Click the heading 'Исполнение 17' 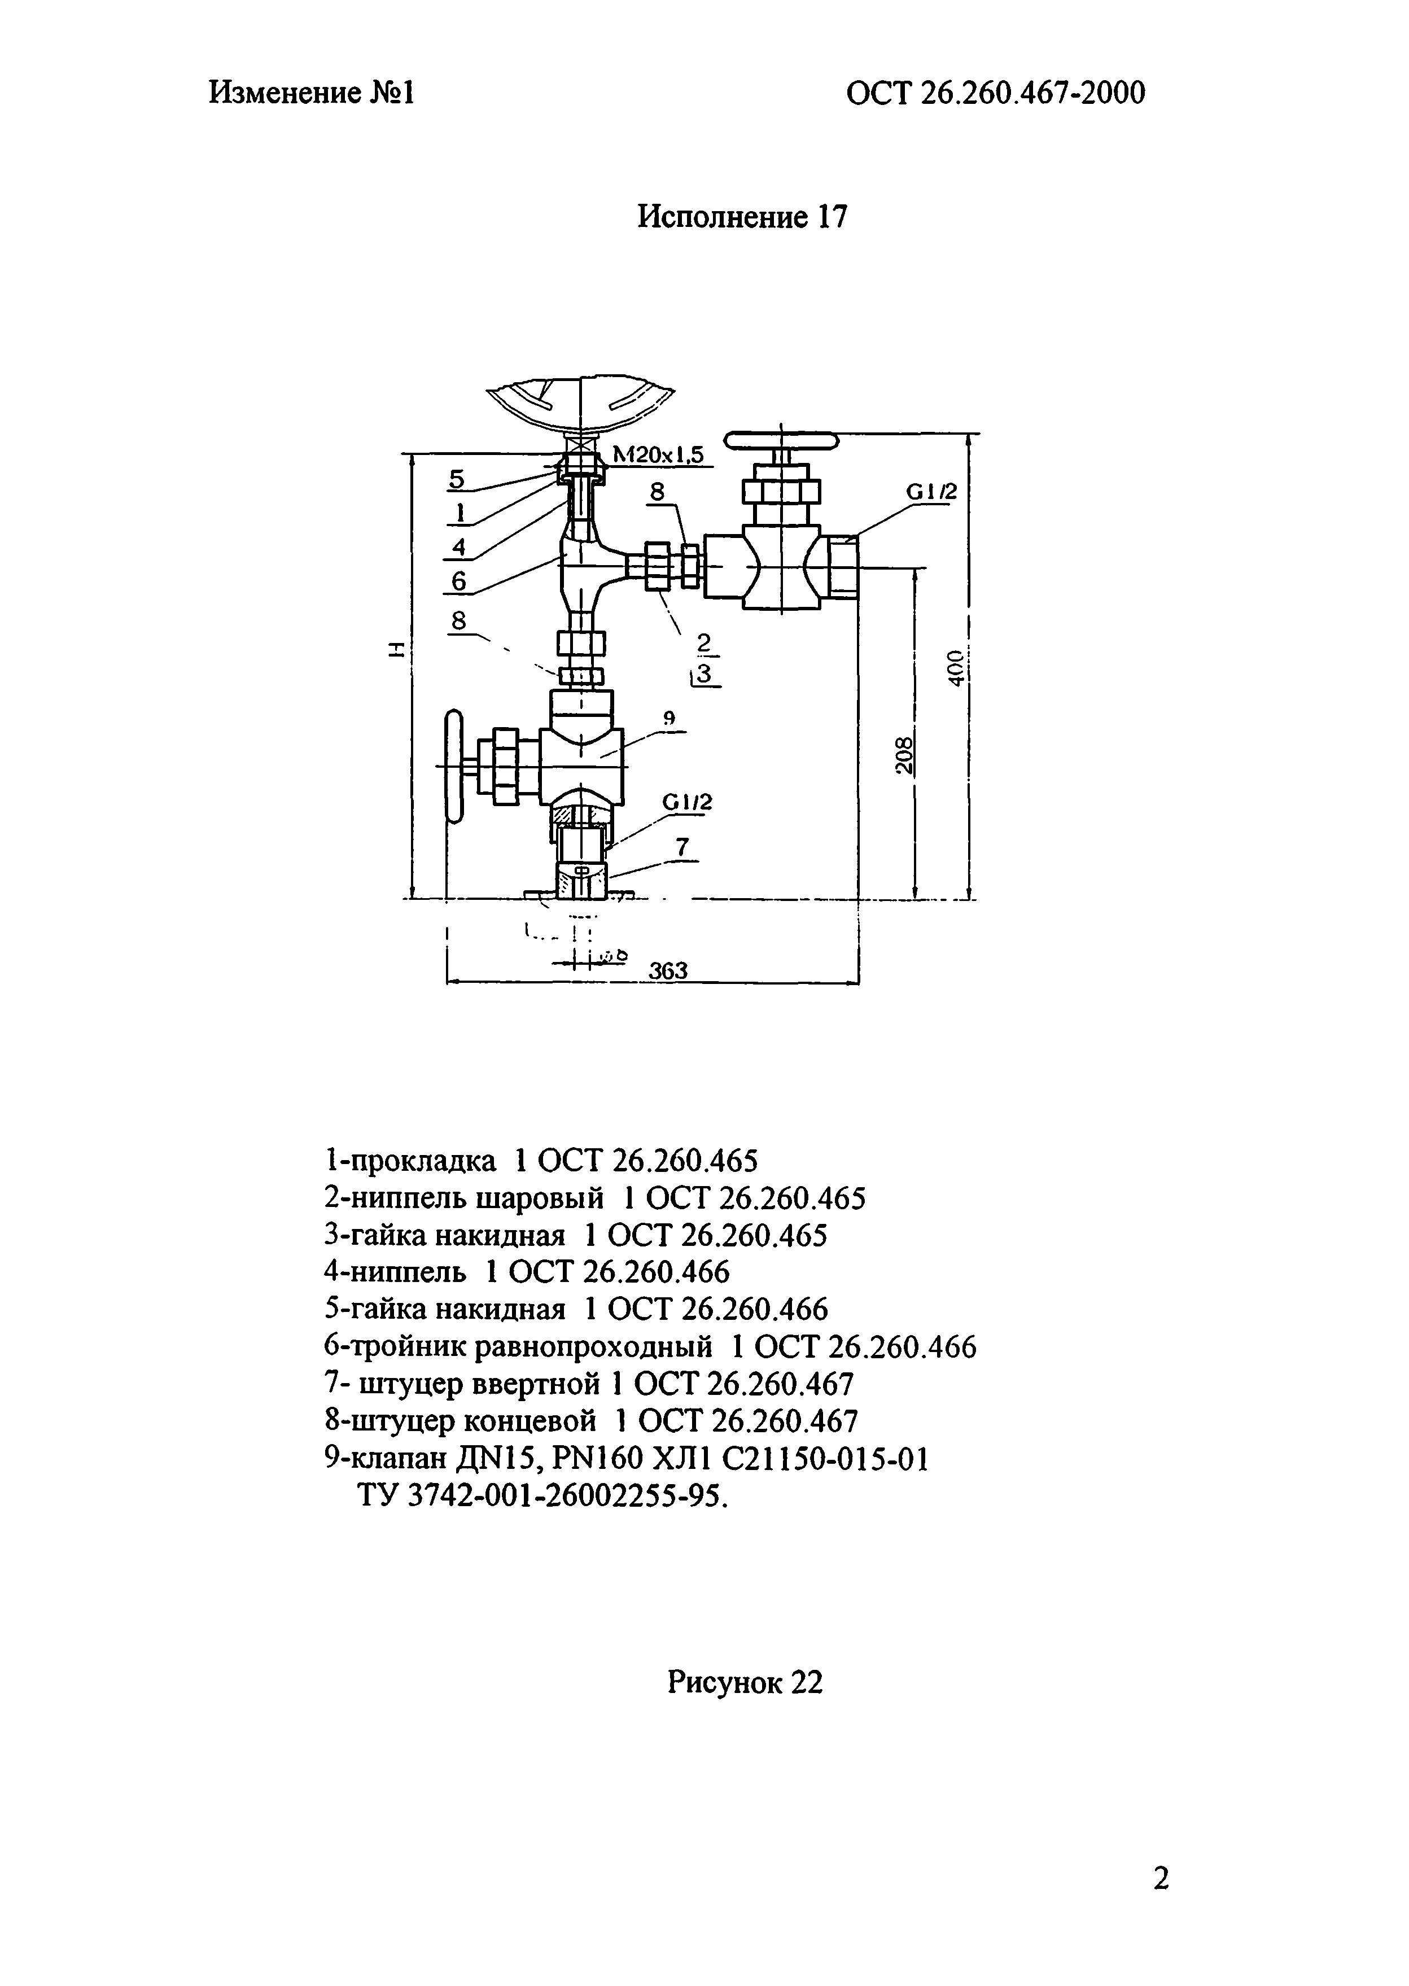[x=741, y=216]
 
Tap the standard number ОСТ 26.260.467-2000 [x=995, y=93]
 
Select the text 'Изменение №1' [x=312, y=93]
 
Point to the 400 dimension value [x=955, y=667]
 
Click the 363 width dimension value [x=668, y=971]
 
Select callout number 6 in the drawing [x=459, y=580]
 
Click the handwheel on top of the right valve [x=782, y=441]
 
